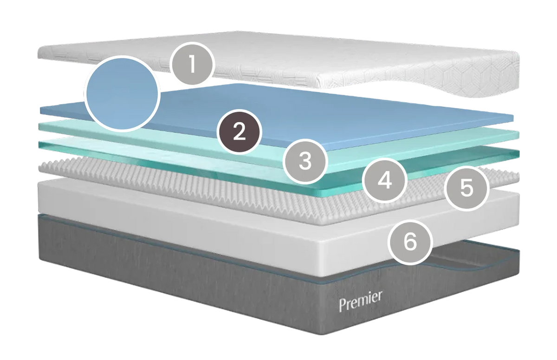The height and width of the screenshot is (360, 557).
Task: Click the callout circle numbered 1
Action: pos(192,64)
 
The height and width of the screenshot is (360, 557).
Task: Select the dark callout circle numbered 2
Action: pos(239,132)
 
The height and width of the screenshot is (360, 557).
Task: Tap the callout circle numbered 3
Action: pos(305,162)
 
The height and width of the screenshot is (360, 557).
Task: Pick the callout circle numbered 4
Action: pos(384,180)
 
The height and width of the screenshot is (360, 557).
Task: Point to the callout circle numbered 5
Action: pos(467,188)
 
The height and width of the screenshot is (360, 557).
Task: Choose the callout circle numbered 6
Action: pos(410,242)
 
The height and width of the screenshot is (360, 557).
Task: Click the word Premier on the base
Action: pos(360,301)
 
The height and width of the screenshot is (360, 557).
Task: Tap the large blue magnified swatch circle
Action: pos(122,93)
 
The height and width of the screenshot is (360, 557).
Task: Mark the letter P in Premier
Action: pos(343,305)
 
